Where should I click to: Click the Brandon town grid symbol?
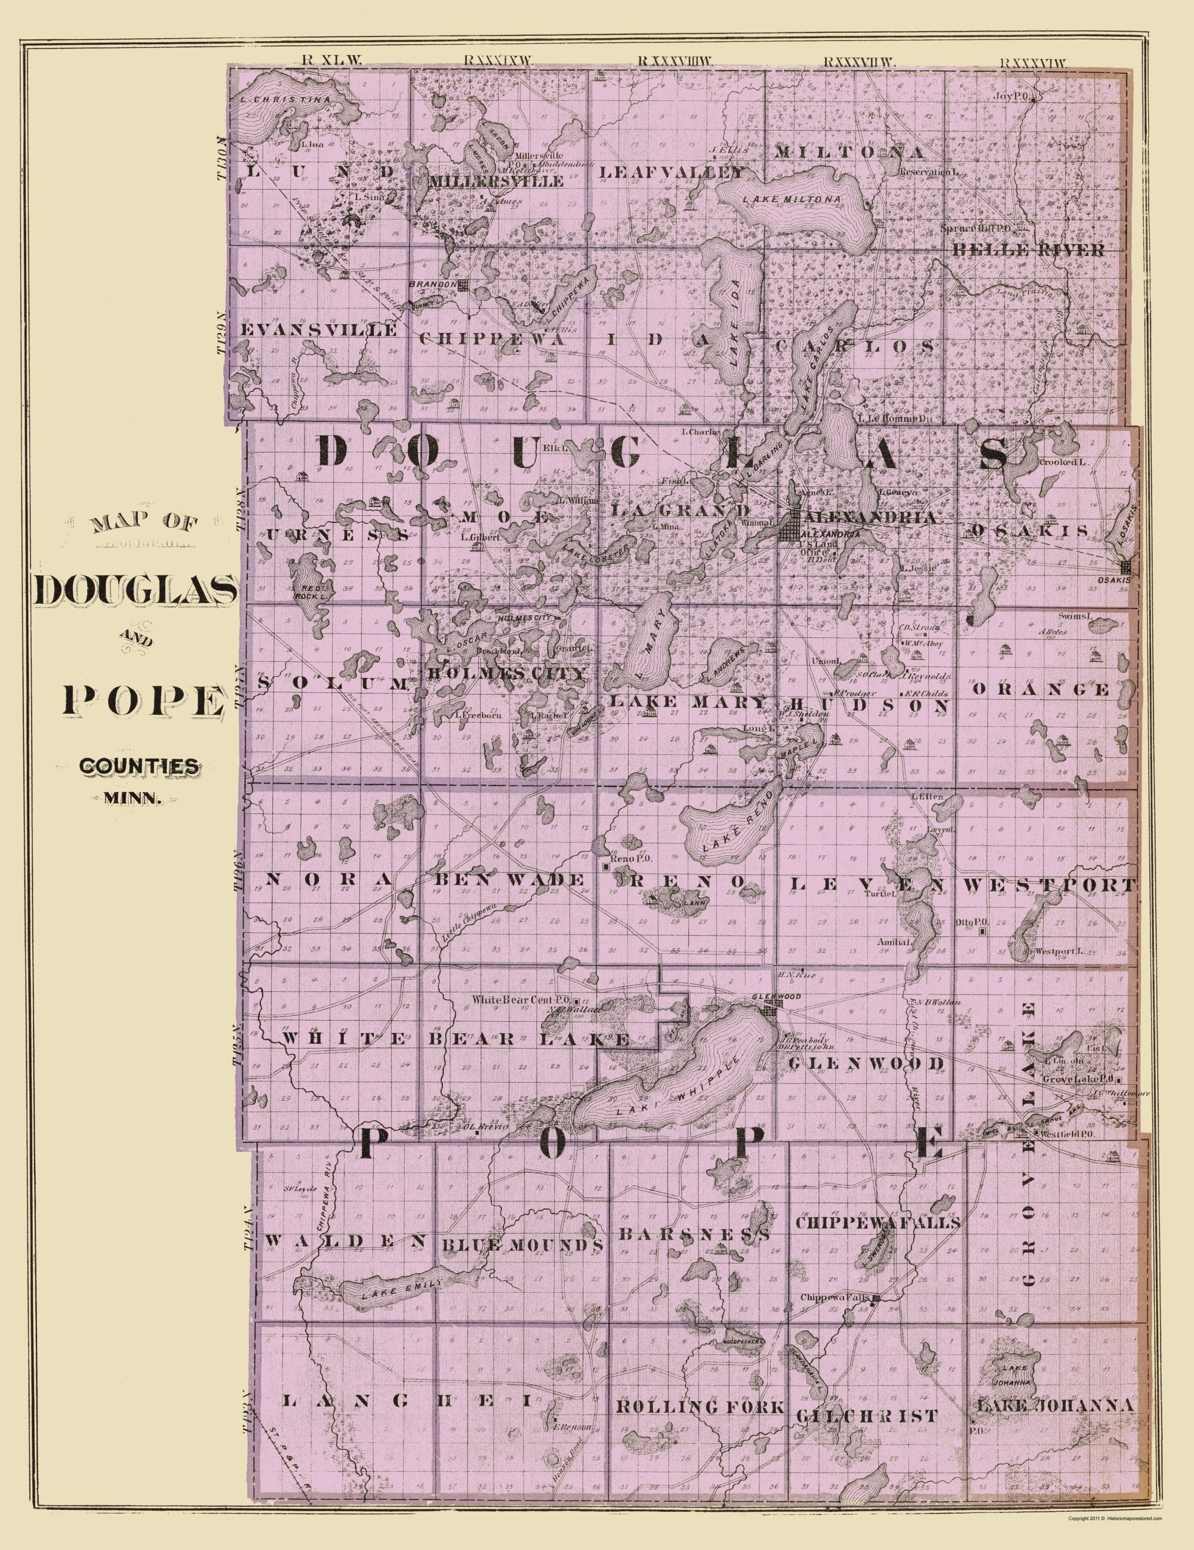(x=463, y=285)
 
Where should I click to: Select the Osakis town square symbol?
(x=1125, y=567)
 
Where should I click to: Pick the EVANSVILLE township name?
(x=319, y=331)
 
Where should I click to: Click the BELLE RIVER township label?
(x=1028, y=250)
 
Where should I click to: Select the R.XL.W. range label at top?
(x=331, y=60)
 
